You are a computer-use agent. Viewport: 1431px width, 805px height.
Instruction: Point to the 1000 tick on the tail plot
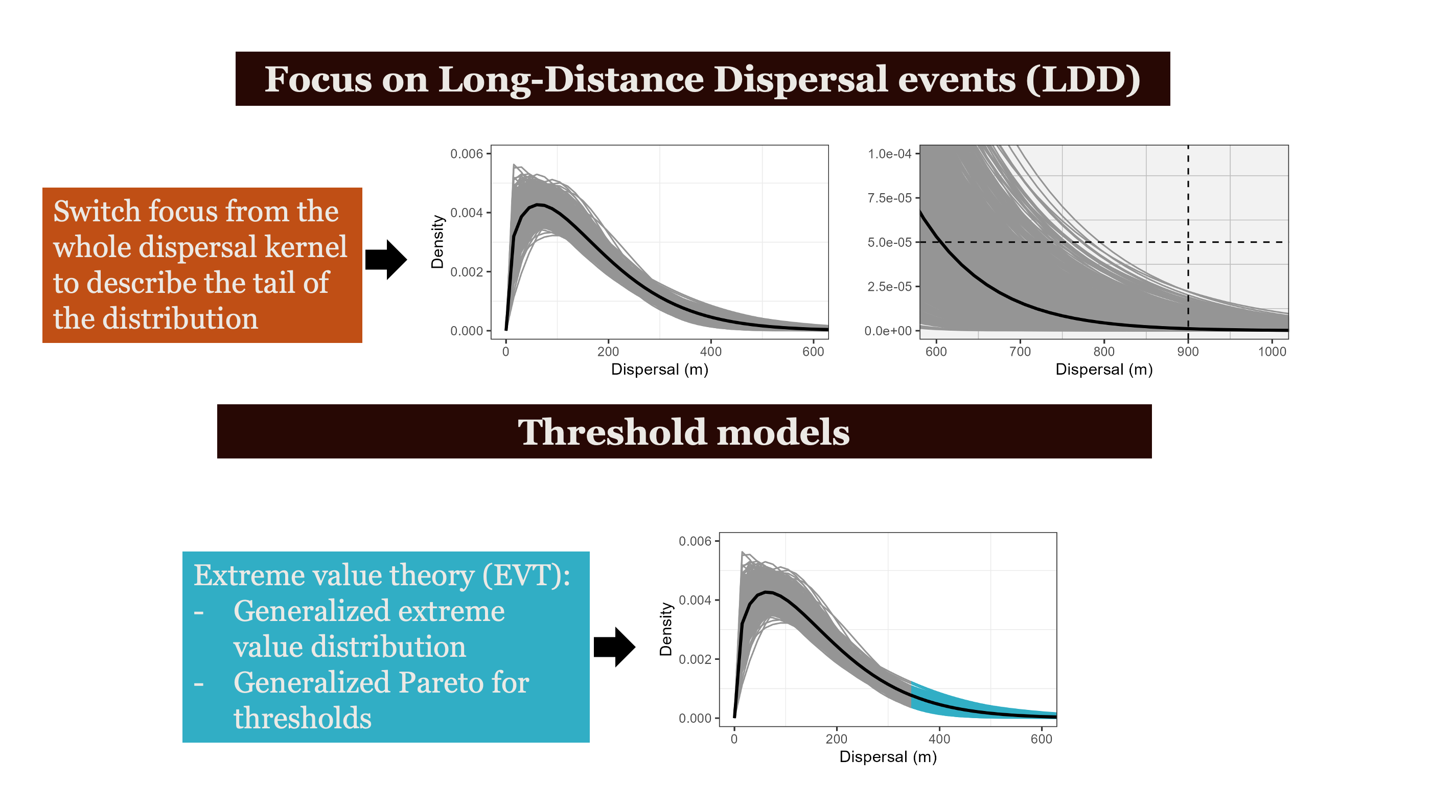(1272, 352)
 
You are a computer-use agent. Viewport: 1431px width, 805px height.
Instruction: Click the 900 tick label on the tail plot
(1188, 352)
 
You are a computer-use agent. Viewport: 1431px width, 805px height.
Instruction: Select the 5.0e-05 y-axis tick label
(889, 242)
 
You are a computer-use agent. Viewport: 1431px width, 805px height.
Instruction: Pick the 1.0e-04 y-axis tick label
(889, 154)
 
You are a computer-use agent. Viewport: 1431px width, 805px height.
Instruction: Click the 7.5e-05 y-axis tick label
(889, 198)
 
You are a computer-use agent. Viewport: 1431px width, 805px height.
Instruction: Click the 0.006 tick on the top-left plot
(467, 154)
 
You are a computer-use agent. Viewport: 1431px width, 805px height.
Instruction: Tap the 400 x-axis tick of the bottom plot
(939, 739)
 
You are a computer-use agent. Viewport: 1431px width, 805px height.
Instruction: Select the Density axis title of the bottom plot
(665, 630)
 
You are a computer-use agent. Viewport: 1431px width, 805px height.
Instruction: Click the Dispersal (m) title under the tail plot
(1104, 370)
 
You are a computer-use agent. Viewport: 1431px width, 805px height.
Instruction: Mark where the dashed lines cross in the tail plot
(1188, 242)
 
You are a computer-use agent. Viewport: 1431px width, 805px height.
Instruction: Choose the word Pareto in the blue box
(440, 682)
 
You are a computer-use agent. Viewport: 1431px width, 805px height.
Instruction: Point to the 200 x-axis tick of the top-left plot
(608, 352)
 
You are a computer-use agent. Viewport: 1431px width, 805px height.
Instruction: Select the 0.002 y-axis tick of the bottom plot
(695, 659)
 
